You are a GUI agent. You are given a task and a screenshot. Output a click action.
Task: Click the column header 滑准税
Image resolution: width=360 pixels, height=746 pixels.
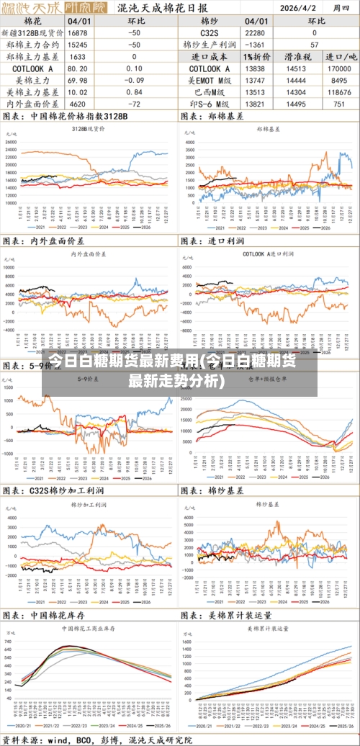point(297,57)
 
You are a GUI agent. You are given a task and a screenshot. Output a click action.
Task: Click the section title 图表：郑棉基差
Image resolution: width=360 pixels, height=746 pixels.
point(215,117)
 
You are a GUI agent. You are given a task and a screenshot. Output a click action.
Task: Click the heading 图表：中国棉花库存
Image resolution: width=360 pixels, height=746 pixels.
point(45,616)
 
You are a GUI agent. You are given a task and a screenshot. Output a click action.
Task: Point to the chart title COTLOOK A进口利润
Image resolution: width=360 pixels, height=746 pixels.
point(268,254)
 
